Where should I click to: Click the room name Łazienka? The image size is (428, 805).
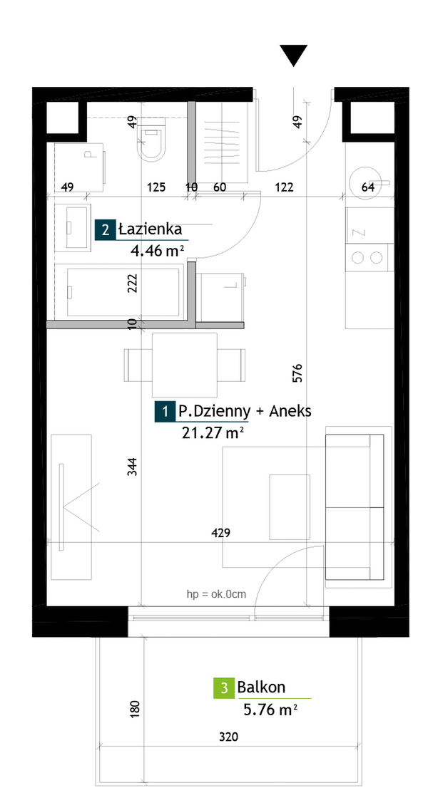coord(150,229)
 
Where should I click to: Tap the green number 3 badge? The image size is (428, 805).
coord(224,688)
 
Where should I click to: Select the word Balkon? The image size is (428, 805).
coord(262,687)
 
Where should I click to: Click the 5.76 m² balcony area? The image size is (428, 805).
coord(270,710)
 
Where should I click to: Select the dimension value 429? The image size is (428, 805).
coord(221,534)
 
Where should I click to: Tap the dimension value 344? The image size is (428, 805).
coord(133,467)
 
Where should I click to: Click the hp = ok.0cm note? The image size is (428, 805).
coord(216,595)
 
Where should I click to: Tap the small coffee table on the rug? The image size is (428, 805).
coord(290,507)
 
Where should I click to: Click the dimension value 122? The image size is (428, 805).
coord(284,188)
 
